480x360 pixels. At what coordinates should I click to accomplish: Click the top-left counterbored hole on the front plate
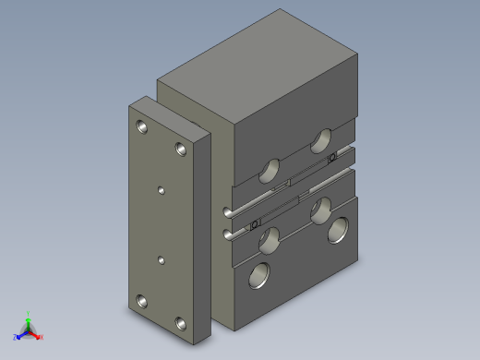(141, 126)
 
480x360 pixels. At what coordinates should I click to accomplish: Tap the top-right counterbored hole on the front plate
(180, 148)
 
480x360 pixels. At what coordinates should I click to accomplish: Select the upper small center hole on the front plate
(162, 190)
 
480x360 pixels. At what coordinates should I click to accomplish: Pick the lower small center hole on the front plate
(162, 261)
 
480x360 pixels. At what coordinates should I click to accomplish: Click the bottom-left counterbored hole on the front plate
(141, 301)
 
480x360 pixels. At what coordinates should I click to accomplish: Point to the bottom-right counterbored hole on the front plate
(180, 324)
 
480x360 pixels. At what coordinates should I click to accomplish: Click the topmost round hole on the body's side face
(321, 140)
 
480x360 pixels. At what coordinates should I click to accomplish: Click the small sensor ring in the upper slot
(331, 158)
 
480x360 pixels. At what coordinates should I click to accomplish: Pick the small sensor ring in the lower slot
(257, 222)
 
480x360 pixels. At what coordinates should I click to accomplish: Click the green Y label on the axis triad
(30, 314)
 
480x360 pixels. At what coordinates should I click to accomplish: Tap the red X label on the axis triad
(42, 337)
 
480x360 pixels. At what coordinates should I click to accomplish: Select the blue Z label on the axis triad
(15, 336)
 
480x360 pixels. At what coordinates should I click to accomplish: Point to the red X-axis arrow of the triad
(35, 334)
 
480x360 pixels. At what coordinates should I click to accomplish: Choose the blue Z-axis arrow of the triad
(21, 333)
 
